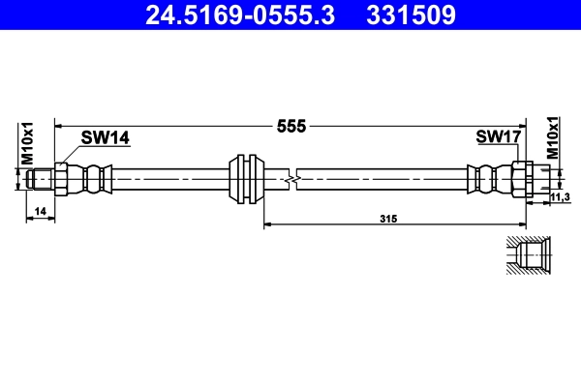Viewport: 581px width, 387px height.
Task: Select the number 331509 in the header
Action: tap(409, 15)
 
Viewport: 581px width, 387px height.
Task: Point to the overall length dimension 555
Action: tap(291, 126)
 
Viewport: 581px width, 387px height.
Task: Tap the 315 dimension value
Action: tap(389, 220)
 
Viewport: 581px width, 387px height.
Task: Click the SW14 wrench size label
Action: tap(106, 138)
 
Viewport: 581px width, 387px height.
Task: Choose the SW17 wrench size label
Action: tap(499, 138)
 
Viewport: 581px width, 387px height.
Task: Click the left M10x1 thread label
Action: tap(28, 142)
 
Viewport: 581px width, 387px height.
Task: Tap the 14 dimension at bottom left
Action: tap(40, 210)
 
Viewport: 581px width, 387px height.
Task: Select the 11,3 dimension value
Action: tap(559, 197)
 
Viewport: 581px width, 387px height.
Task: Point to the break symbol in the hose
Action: tap(290, 179)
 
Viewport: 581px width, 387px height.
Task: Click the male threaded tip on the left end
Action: tap(41, 179)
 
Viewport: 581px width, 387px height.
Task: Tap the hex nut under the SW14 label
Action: tap(62, 179)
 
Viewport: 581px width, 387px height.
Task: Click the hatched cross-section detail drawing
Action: tap(528, 256)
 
